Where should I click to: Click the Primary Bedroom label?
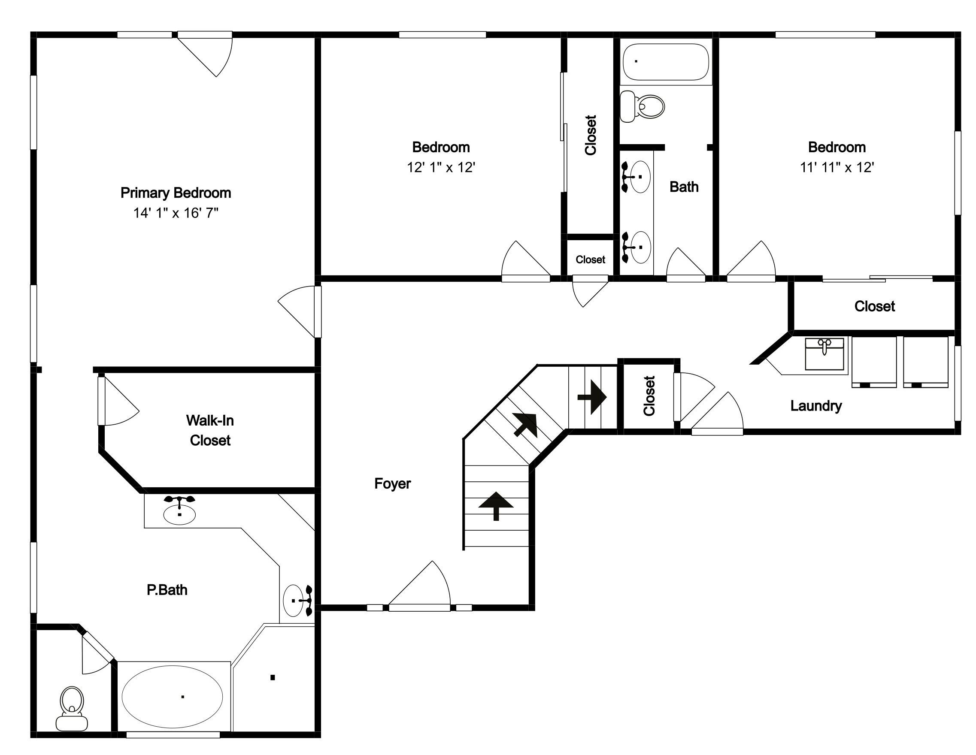[x=176, y=193]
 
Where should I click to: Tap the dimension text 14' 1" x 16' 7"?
[x=176, y=213]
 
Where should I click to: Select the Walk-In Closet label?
[x=210, y=430]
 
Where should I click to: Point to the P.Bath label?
[x=167, y=590]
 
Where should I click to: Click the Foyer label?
[x=392, y=483]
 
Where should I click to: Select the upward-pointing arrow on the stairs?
[x=496, y=506]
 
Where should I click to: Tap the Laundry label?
[x=816, y=406]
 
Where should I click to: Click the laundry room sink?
[x=824, y=354]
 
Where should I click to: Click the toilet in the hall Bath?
[x=642, y=106]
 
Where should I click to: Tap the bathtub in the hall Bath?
[x=666, y=62]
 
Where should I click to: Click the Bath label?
[x=684, y=187]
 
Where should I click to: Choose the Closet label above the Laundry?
[x=875, y=306]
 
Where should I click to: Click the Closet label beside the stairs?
[x=649, y=396]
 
